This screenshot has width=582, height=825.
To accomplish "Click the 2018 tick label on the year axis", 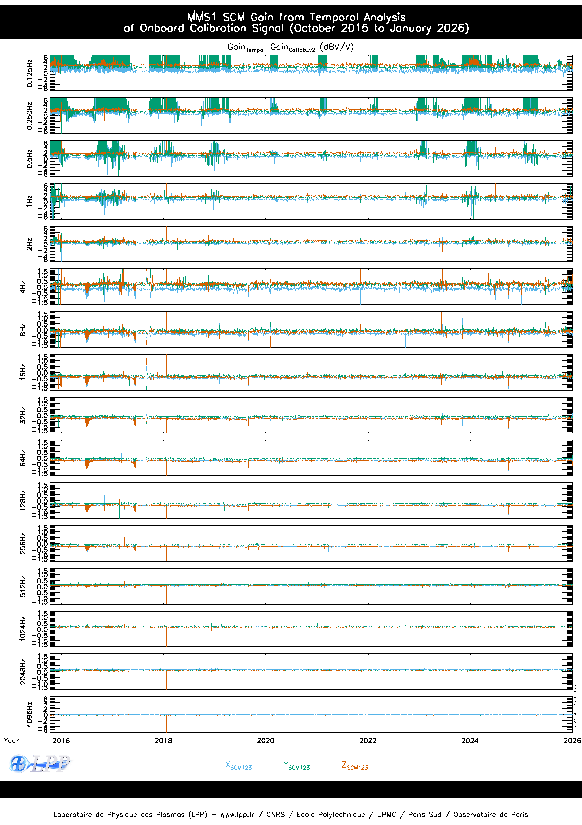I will click(163, 741).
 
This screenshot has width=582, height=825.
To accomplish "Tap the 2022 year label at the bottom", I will click(367, 741).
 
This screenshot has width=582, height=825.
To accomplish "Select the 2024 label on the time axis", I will click(470, 741).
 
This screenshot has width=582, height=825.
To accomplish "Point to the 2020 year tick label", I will click(265, 741).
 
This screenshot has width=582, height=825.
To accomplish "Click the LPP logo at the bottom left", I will click(40, 764).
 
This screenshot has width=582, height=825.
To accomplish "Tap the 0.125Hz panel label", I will click(29, 73).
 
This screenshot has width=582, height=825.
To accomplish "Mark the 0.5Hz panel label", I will click(29, 158).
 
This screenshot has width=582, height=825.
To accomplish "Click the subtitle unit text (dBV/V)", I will click(337, 47).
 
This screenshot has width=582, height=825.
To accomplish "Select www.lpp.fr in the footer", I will click(237, 815).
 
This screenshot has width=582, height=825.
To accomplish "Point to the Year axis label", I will click(11, 741).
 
